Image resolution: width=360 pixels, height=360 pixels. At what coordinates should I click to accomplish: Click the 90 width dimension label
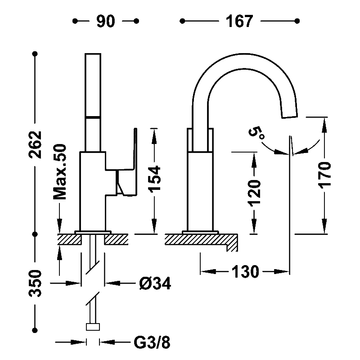pyautogui.click(x=106, y=21)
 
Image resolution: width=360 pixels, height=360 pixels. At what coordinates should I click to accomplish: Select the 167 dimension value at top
pyautogui.click(x=239, y=21)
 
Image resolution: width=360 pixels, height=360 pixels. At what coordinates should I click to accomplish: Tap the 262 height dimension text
pyautogui.click(x=35, y=144)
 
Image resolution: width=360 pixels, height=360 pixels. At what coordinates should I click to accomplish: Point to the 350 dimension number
pyautogui.click(x=35, y=283)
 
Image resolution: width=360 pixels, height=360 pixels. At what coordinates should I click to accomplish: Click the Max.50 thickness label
pyautogui.click(x=60, y=172)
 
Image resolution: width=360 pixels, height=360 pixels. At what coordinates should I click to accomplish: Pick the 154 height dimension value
pyautogui.click(x=154, y=179)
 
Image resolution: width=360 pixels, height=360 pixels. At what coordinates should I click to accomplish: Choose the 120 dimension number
pyautogui.click(x=254, y=193)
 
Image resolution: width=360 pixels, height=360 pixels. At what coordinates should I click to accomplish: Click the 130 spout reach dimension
pyautogui.click(x=245, y=272)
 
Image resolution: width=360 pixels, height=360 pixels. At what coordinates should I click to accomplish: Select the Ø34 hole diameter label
pyautogui.click(x=155, y=283)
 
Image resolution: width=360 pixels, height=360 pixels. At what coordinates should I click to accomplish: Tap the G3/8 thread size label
pyautogui.click(x=152, y=343)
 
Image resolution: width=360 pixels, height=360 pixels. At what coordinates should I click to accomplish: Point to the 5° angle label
pyautogui.click(x=256, y=133)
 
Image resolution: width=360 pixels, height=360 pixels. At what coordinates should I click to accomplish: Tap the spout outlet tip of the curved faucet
pyautogui.click(x=290, y=116)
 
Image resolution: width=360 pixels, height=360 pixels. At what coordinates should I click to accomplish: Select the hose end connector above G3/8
pyautogui.click(x=93, y=327)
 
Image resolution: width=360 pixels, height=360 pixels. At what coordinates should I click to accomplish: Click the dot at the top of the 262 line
pyautogui.click(x=35, y=54)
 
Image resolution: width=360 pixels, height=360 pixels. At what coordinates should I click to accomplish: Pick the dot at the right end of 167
pyautogui.click(x=297, y=21)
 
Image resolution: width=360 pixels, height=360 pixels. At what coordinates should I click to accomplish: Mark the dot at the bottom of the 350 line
pyautogui.click(x=35, y=330)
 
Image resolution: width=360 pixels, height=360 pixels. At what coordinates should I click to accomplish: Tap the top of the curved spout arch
pyautogui.click(x=243, y=54)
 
